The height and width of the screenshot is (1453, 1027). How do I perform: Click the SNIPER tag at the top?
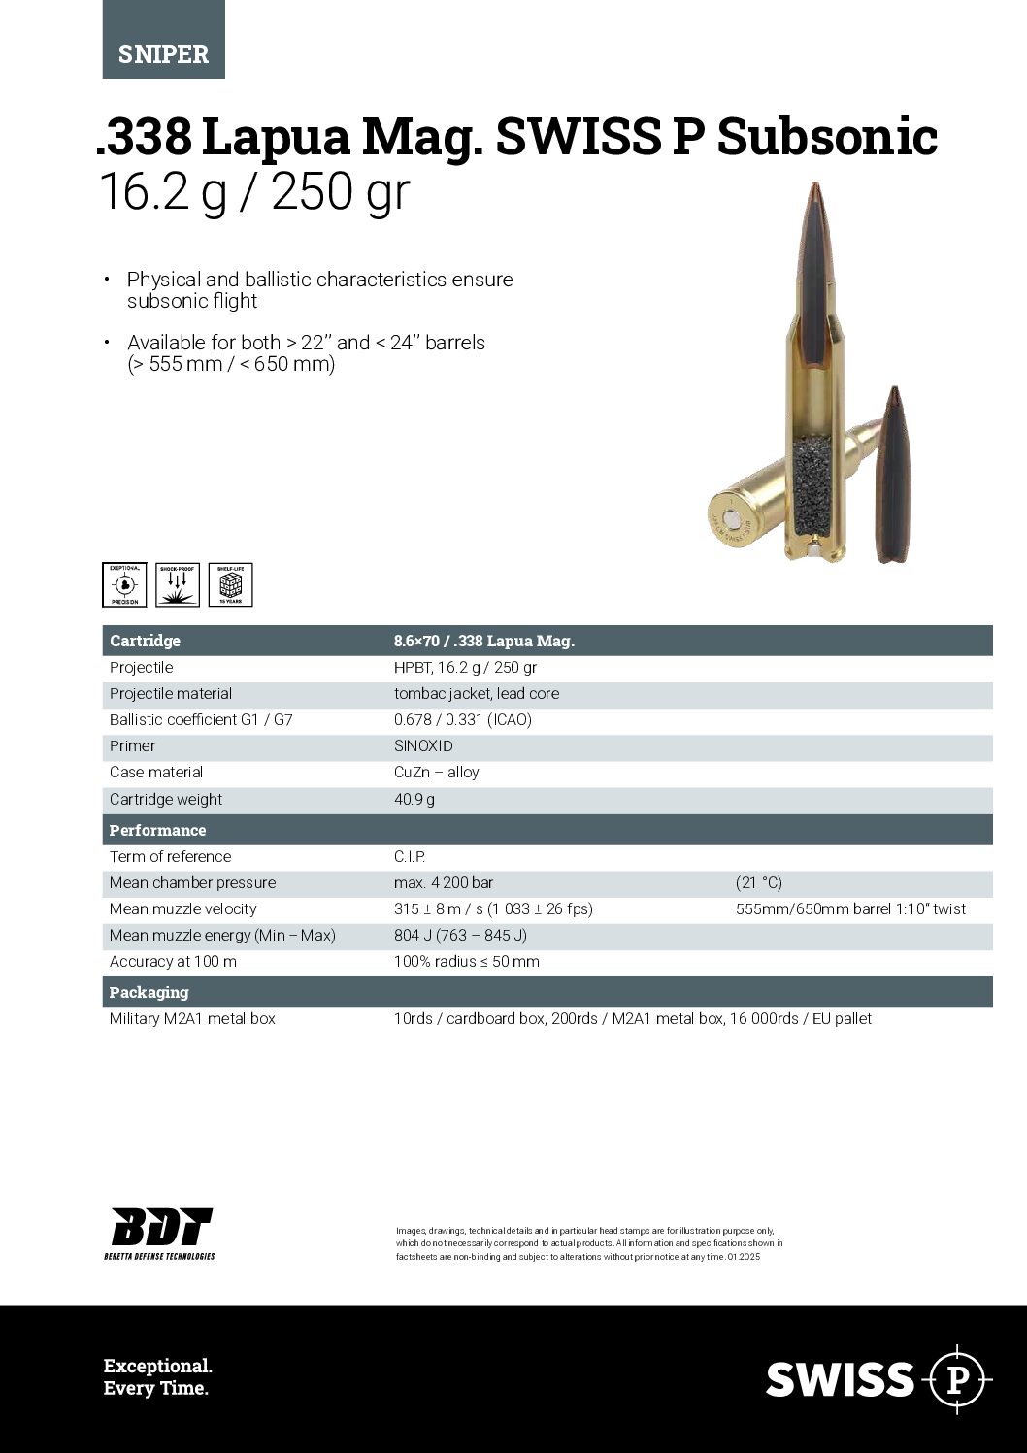point(163,53)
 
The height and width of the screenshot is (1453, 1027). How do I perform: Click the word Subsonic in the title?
point(827,137)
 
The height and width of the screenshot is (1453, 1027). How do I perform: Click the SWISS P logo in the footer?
point(878,1378)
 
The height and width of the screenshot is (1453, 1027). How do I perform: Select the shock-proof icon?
point(178,584)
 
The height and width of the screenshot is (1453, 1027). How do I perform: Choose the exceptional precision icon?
point(124,584)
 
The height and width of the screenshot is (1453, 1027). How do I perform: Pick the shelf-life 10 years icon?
point(230,584)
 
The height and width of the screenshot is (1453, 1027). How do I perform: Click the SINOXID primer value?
point(423,746)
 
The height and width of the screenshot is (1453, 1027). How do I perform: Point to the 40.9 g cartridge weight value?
point(414,800)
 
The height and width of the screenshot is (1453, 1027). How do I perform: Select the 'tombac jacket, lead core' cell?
point(477,694)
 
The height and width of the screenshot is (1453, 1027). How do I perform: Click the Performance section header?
point(157,830)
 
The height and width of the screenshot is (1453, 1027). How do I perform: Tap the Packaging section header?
point(149,992)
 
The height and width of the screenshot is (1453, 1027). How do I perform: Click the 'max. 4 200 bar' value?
point(444,883)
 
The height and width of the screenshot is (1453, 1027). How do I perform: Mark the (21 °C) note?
point(759,883)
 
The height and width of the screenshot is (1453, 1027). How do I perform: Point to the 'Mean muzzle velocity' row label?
point(182,909)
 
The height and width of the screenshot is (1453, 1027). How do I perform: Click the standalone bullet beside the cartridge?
point(892,476)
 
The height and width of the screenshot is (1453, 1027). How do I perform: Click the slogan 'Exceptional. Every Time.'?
point(157,1377)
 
